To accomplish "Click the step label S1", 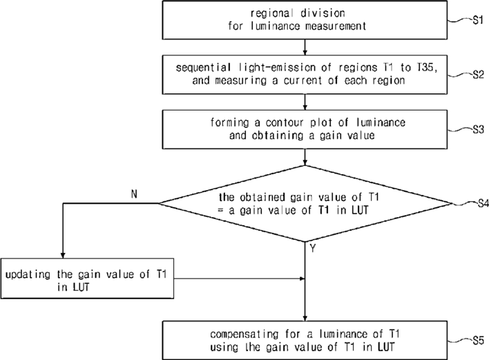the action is pos(478,20).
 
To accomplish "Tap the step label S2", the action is pos(478,75).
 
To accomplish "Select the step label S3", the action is pos(478,129).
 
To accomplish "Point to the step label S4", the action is pos(483,204).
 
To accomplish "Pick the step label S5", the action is pos(478,341).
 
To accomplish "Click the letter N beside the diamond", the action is pos(134,194).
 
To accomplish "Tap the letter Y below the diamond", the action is pos(313,249).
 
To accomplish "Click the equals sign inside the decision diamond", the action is pos(221,210).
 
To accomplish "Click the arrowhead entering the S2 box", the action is pos(305,53).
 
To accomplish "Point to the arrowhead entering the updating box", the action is pos(63,255).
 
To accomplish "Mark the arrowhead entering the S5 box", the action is pos(305,318).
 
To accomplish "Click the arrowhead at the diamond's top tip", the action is pos(305,162).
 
